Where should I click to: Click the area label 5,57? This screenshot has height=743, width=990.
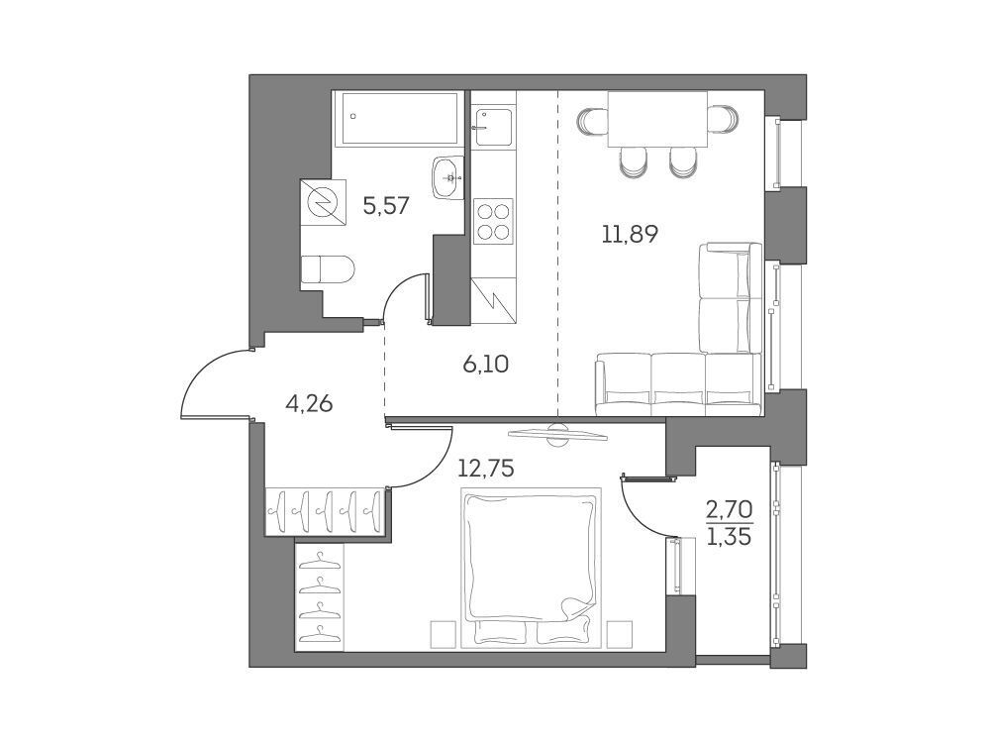click(x=386, y=205)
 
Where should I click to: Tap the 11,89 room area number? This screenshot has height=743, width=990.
click(x=629, y=235)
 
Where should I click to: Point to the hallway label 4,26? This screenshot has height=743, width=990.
click(x=309, y=402)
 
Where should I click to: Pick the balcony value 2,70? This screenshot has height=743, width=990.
click(x=730, y=508)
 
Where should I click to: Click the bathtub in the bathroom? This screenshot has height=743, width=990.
click(x=398, y=118)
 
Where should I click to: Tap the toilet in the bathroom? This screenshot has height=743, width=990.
click(x=328, y=269)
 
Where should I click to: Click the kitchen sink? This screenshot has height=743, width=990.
click(x=493, y=127)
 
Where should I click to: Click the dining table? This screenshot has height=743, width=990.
click(x=657, y=119)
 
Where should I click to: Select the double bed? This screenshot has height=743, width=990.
click(x=531, y=568)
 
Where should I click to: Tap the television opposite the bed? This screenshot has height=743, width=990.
click(x=557, y=434)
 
